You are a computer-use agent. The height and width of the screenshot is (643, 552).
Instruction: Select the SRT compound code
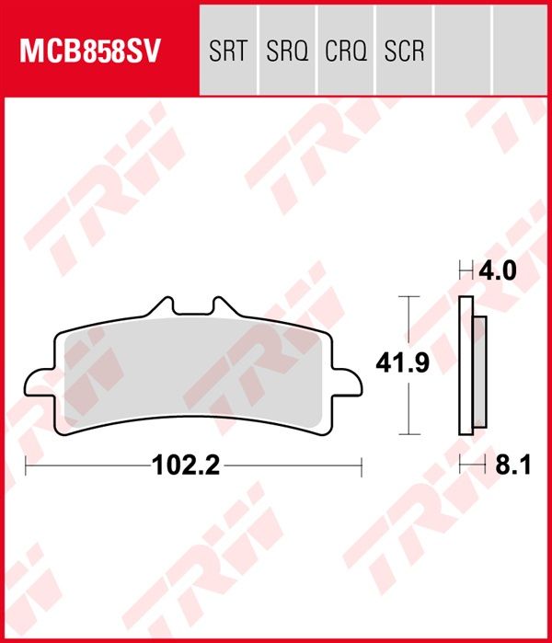pos(228,50)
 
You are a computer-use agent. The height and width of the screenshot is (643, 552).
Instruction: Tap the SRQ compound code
pos(286,50)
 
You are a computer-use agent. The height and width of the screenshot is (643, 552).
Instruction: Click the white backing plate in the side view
pos(465,365)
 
